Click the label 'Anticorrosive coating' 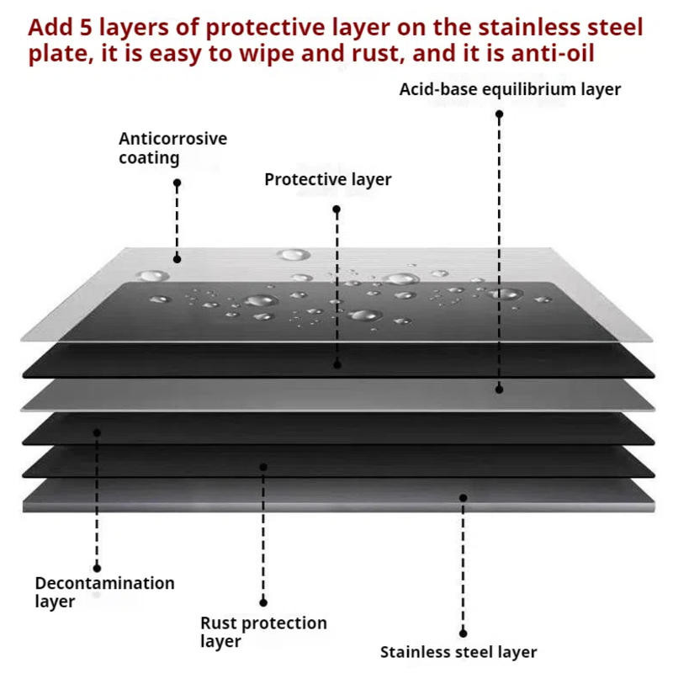172,148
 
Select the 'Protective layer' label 327,179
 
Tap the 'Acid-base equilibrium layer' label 510,88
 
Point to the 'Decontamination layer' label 104,591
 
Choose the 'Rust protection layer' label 263,632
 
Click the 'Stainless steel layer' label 458,652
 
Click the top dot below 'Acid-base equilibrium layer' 499,114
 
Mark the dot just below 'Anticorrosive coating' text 177,182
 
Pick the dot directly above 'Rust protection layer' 263,602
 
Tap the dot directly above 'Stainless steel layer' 463,633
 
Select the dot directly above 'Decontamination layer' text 97,568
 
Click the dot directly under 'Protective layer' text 336,209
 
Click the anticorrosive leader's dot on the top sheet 178,259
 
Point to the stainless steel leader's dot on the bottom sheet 463,497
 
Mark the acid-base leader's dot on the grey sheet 499,389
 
